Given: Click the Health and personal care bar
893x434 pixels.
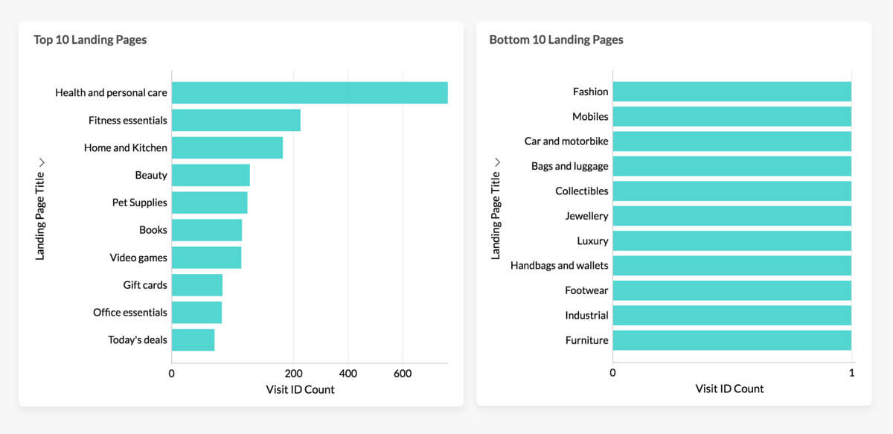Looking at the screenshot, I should click(310, 93).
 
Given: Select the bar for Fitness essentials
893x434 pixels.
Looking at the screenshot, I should click(236, 121).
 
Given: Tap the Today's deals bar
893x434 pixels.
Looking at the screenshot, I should click(193, 340).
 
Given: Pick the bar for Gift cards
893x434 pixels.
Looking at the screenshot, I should click(197, 285).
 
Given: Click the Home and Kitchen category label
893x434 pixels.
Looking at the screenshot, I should click(125, 147).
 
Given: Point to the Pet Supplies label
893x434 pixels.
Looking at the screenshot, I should click(139, 202).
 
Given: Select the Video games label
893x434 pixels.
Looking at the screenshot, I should click(138, 258).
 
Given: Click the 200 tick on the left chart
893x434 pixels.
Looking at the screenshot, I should click(293, 373).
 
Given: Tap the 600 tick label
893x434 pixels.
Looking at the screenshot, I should click(403, 373).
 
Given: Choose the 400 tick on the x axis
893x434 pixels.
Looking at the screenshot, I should click(348, 373).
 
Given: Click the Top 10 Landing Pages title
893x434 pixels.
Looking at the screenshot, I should click(90, 40).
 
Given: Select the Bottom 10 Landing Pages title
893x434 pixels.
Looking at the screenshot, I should click(556, 40).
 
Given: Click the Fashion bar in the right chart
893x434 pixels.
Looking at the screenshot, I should click(732, 92).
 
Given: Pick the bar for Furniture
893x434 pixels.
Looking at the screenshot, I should click(732, 340).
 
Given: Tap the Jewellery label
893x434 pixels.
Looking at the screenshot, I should click(586, 216).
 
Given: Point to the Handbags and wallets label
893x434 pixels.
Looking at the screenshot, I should click(559, 265).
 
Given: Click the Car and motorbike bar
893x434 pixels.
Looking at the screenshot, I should click(732, 141).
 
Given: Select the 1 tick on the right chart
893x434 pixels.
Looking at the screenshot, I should click(851, 373).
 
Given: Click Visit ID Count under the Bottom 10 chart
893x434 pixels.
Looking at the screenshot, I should click(729, 389).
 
